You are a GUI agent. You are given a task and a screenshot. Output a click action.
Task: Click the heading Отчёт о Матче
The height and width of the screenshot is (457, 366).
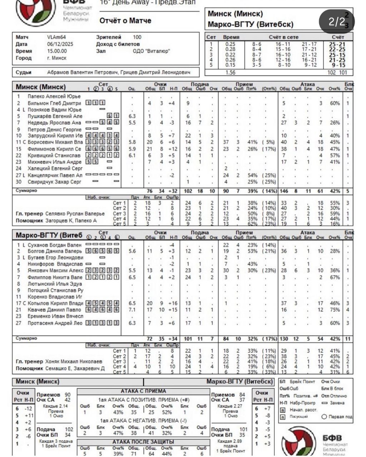tap(125, 21)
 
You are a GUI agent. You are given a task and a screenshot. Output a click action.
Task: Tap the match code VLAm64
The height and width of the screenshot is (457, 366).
tap(56, 37)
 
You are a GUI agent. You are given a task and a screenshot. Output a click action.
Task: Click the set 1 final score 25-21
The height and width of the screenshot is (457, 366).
tap(337, 44)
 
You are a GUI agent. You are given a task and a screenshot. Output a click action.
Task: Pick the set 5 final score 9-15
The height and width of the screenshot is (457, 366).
tap(337, 65)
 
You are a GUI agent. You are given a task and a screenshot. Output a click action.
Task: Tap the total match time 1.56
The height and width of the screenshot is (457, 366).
tap(231, 72)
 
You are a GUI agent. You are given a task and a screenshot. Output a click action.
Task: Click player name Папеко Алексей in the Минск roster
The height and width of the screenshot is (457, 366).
tap(54, 96)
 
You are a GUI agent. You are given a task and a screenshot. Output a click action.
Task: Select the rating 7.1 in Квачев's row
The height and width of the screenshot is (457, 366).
tap(132, 310)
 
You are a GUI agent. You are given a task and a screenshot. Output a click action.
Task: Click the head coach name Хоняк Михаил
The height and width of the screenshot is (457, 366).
tap(74, 362)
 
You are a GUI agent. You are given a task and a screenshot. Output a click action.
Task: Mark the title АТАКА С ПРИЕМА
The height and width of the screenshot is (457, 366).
tap(143, 391)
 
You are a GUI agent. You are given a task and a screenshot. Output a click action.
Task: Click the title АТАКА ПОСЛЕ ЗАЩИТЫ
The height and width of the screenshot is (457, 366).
tap(143, 442)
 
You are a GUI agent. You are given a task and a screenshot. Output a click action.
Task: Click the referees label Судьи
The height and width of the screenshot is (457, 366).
tap(24, 72)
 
